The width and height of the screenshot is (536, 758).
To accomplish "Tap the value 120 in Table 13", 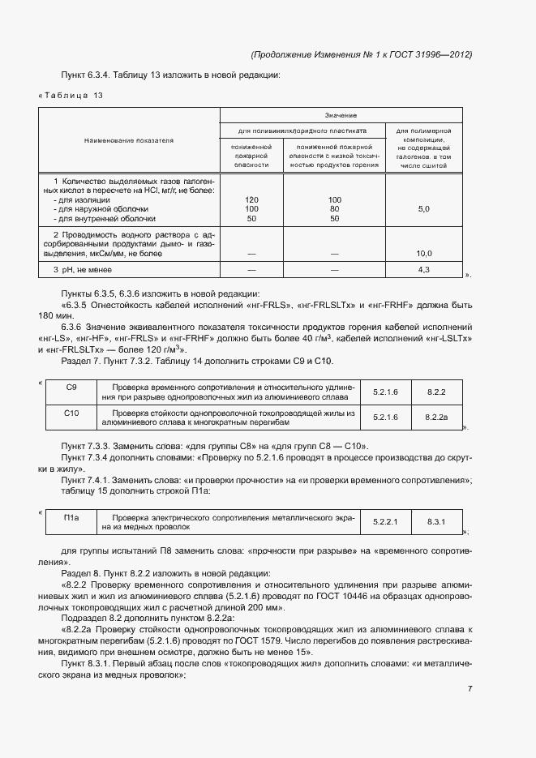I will pos(251,199).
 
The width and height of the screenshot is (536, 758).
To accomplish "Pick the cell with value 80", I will pos(334,209).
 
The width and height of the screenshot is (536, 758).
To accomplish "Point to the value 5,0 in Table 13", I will pos(423,209).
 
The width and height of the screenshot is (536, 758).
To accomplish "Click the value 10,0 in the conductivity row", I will pos(423,254).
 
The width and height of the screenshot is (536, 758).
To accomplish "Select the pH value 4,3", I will pos(423,268).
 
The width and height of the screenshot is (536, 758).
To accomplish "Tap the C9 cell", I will pos(71,387).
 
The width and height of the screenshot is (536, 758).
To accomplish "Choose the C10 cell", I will pos(71,413).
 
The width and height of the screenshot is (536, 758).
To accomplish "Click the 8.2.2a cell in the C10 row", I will pos(436,417).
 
